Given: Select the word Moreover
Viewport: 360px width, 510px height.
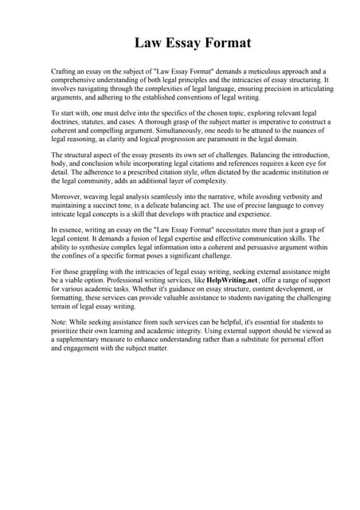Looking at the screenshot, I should [68, 195].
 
